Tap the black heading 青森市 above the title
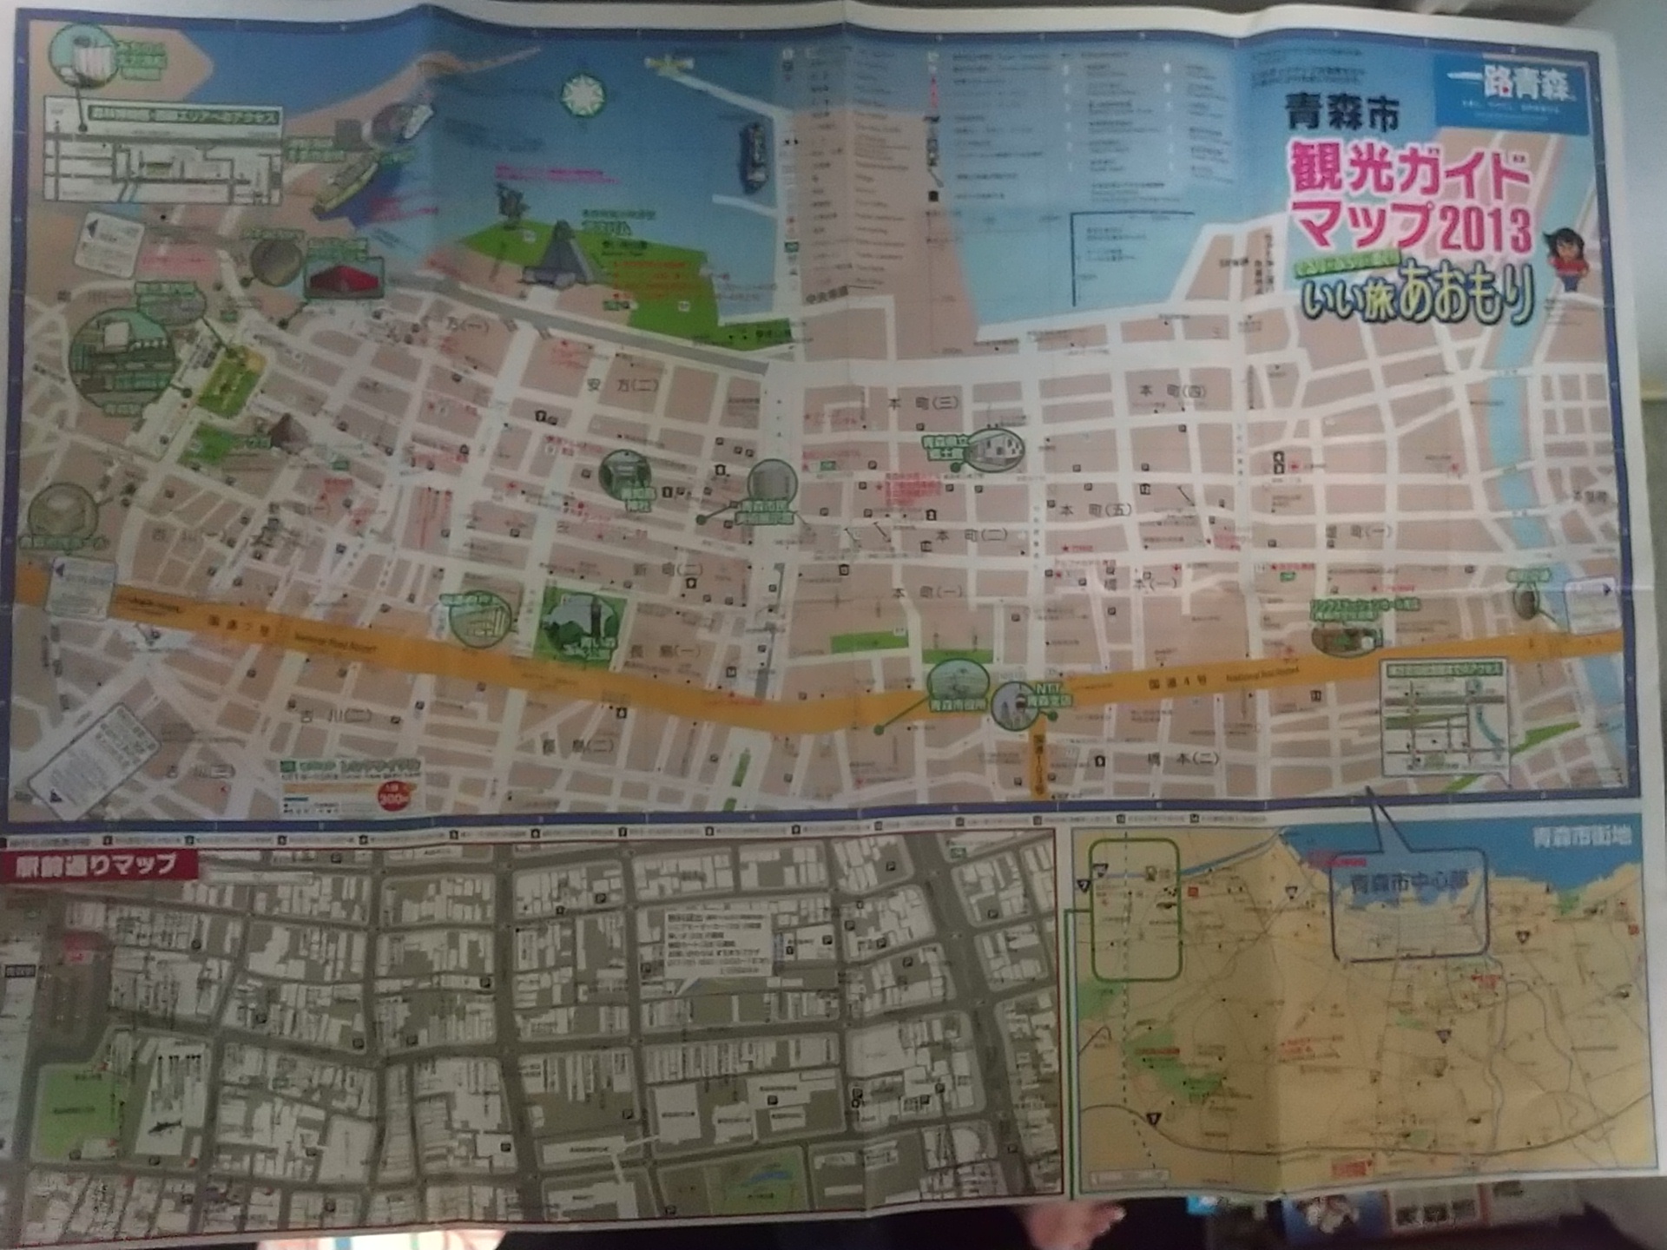click(x=1341, y=112)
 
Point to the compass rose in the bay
click(x=583, y=95)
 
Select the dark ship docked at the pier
click(x=753, y=156)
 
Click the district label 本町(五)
click(x=1095, y=509)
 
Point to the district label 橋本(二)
click(x=1182, y=758)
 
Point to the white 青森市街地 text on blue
click(x=1581, y=836)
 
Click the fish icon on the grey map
click(x=169, y=1128)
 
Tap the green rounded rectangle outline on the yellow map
click(x=1134, y=909)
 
